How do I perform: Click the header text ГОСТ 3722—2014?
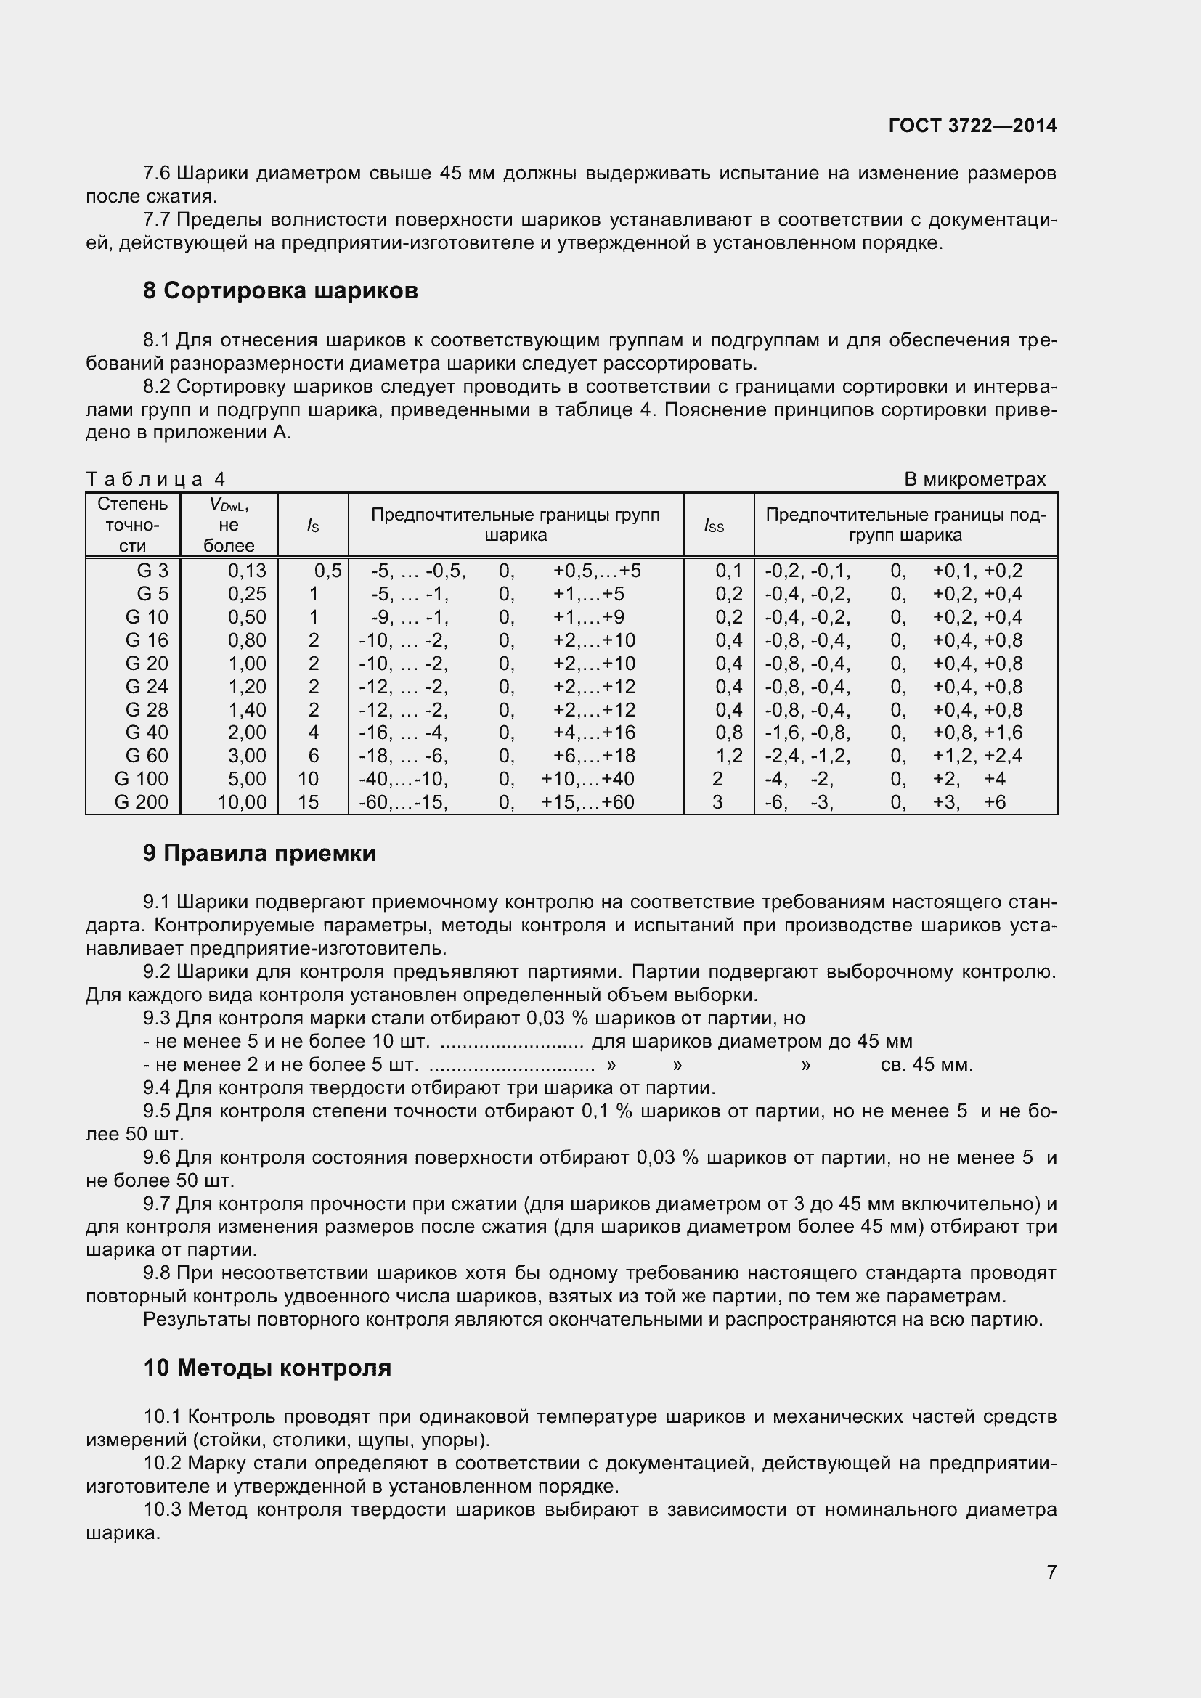pos(972,126)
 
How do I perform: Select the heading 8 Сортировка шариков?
pos(280,291)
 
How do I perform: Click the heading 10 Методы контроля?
pos(267,1368)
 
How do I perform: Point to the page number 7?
pos(1051,1593)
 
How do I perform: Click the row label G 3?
pos(152,571)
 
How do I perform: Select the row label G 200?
pos(142,802)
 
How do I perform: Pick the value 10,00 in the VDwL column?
pos(242,802)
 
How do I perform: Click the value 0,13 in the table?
pos(247,571)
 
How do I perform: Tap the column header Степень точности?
pos(133,525)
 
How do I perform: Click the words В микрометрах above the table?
pos(974,480)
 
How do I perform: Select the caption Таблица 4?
pos(156,480)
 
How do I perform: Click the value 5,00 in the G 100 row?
pos(247,779)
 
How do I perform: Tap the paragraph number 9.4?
pos(156,1088)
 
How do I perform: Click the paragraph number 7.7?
pos(156,220)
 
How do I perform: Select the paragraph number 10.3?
pos(161,1509)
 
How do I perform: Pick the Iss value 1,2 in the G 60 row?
pos(728,756)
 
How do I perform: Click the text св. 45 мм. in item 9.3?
pos(927,1065)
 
